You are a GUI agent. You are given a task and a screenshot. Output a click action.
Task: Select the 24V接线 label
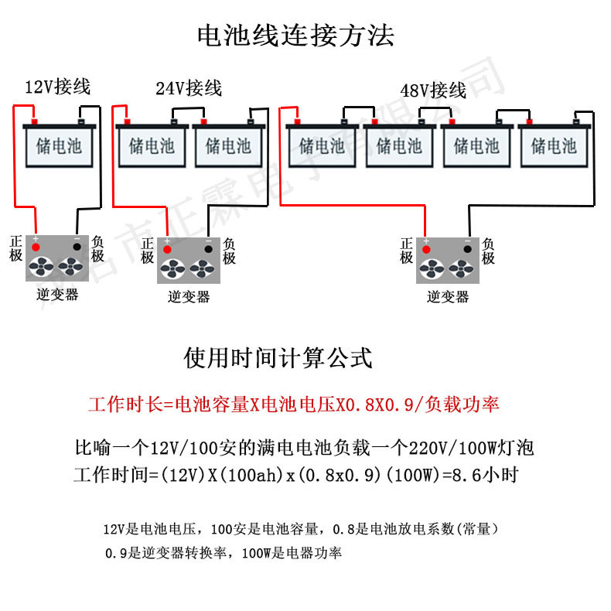pos(189,88)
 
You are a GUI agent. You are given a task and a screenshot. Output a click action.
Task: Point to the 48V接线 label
pos(433,90)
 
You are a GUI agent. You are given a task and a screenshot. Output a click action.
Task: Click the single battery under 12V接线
pos(59,146)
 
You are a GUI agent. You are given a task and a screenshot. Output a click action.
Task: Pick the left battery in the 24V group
pos(152,145)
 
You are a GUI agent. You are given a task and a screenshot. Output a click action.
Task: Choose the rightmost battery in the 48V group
pos(554,145)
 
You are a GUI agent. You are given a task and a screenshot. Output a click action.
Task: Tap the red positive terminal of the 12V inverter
pos(35,247)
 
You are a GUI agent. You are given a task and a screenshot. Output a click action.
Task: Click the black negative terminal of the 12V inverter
pos(77,247)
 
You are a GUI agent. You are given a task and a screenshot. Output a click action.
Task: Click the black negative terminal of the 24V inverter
pos(208,249)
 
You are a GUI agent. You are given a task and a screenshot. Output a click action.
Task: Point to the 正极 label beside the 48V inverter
pos(407,251)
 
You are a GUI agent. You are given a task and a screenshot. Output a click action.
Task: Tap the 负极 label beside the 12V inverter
pos(99,247)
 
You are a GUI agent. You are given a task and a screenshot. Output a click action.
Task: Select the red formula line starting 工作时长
pos(293,404)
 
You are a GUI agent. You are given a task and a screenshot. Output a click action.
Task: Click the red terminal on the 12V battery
pos(34,121)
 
